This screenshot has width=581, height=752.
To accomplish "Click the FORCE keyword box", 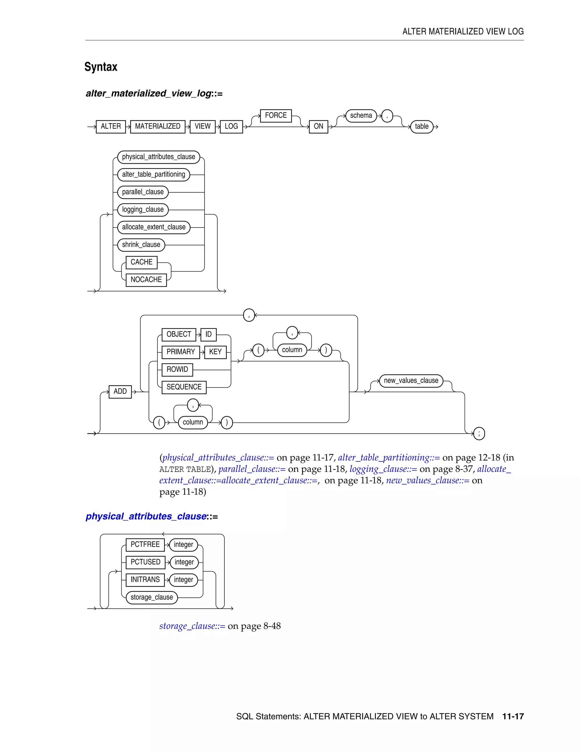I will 276,116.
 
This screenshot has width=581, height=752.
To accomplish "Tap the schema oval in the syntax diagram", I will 361,116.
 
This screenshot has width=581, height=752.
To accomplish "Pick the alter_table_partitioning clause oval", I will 153,175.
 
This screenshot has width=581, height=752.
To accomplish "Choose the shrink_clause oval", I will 141,245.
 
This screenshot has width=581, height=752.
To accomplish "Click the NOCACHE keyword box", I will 146,280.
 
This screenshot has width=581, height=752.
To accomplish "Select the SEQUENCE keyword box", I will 184,387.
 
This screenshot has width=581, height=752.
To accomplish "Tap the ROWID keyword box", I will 177,369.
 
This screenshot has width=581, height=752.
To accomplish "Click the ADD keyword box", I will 120,392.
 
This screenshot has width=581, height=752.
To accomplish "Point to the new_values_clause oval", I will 411,381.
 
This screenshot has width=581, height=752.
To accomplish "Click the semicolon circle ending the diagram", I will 479,434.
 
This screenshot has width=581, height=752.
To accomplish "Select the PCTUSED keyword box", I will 145,562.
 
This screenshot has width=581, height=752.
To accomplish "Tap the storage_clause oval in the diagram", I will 151,597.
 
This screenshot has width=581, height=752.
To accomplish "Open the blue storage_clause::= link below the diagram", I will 192,626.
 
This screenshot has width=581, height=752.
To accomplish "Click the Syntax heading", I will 101,67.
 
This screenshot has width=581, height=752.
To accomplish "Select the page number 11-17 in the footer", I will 513,717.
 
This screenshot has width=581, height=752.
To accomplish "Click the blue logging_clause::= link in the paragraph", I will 383,469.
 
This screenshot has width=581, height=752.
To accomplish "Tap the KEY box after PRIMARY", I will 215,352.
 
